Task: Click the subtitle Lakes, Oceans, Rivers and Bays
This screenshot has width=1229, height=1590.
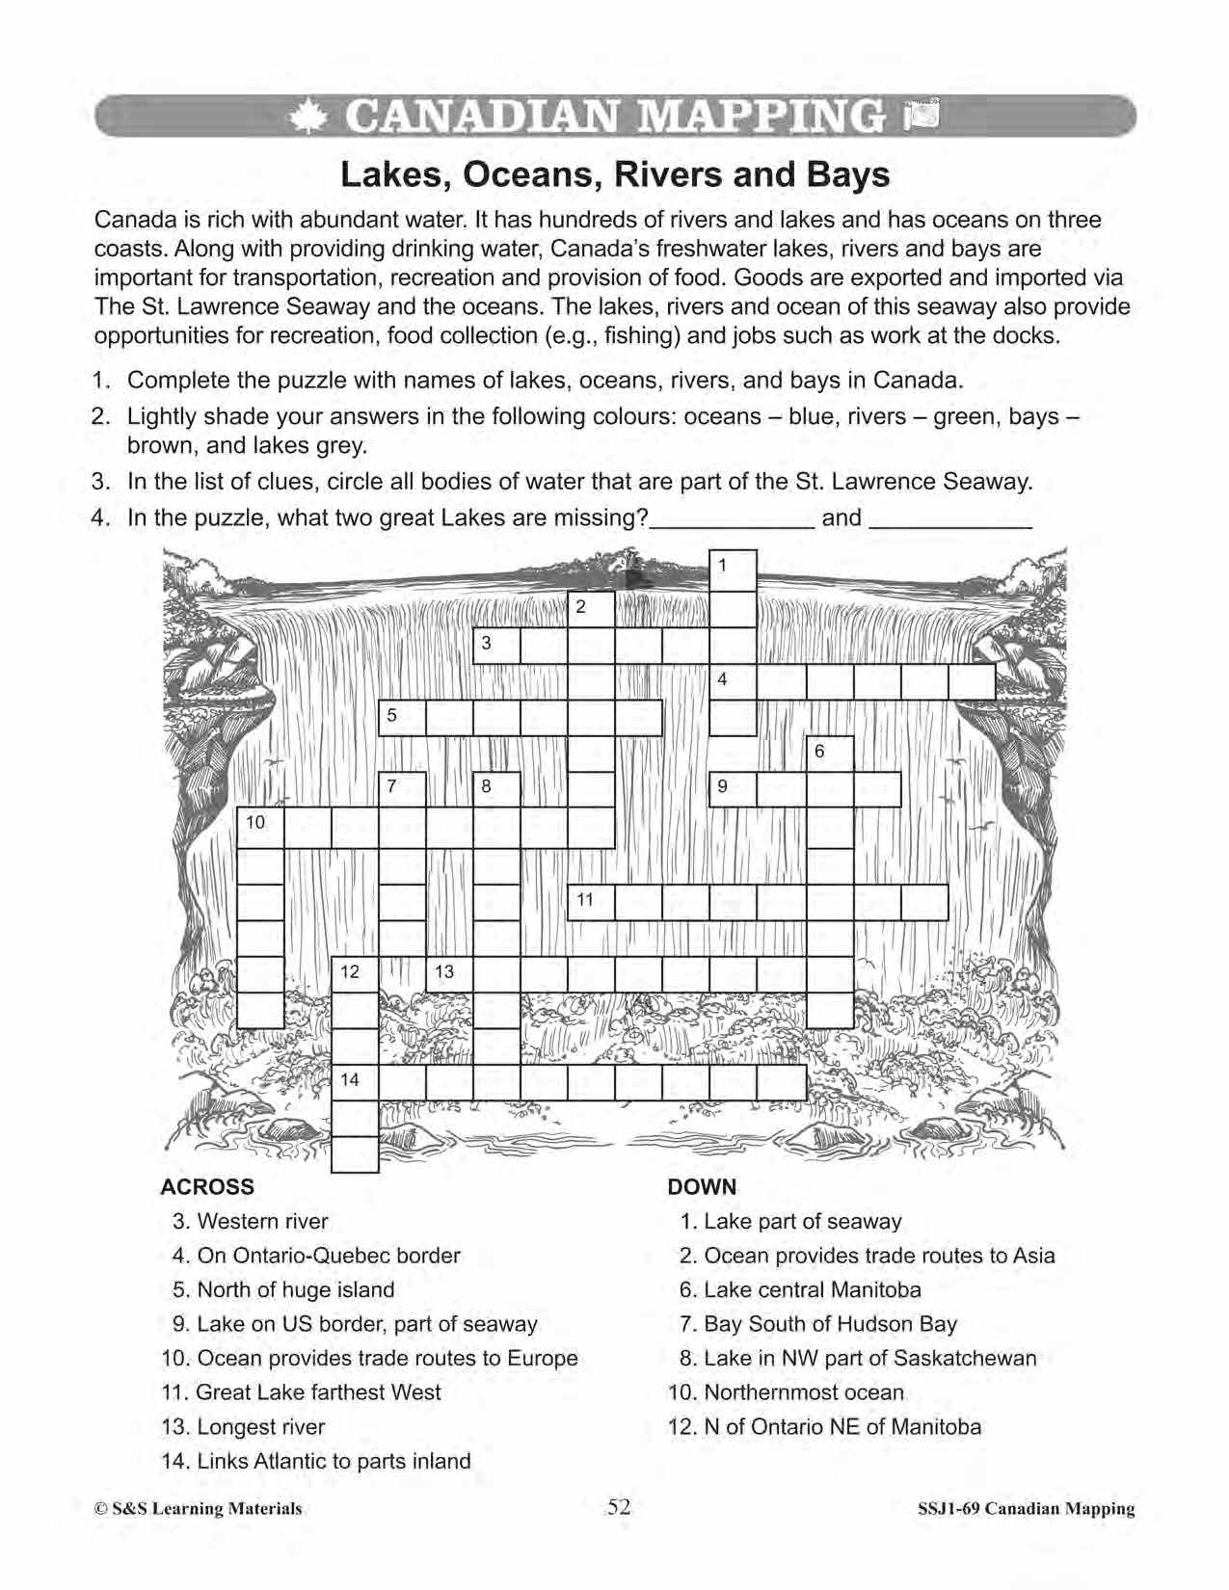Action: point(615,174)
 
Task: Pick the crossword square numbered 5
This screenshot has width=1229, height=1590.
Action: point(402,718)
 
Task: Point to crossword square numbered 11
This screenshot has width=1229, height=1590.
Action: point(591,902)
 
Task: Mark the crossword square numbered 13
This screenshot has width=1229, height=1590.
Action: point(449,974)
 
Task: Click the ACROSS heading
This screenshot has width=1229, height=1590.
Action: point(207,1187)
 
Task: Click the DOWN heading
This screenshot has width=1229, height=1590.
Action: point(702,1187)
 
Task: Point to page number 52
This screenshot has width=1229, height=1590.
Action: point(618,1507)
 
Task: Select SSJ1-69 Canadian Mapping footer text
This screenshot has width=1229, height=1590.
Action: point(1026,1509)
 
